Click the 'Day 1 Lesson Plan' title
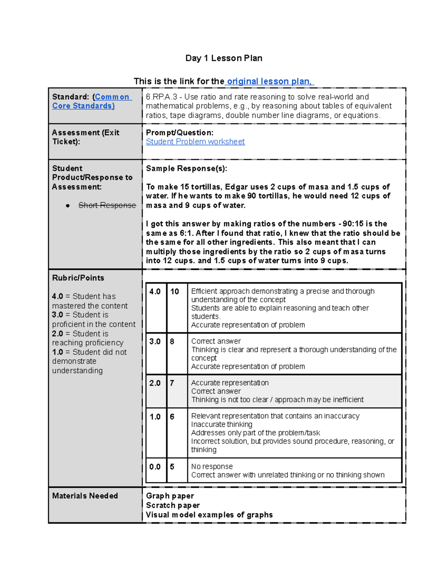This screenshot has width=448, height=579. tap(224, 58)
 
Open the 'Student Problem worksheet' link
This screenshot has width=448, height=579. tap(195, 142)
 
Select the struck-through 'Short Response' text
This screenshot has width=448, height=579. tap(107, 205)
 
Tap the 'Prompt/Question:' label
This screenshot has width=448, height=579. tap(180, 133)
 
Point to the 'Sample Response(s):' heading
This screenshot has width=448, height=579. tap(186, 169)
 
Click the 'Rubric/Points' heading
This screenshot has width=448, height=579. tap(78, 278)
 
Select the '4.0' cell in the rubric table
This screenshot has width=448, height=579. tap(155, 292)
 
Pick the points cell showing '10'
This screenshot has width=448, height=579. tap(175, 292)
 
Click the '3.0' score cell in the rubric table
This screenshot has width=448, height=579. tap(155, 342)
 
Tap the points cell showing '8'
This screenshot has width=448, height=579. tap(172, 342)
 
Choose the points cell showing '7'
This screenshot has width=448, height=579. tap(172, 383)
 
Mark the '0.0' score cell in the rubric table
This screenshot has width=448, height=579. tap(155, 467)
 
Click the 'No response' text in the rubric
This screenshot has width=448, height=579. tap(212, 466)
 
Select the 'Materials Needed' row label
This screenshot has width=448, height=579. tap(85, 496)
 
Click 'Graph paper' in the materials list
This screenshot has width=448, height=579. tap(170, 496)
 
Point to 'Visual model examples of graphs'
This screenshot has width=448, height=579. tap(209, 515)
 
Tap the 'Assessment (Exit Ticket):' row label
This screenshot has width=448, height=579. tap(85, 137)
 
